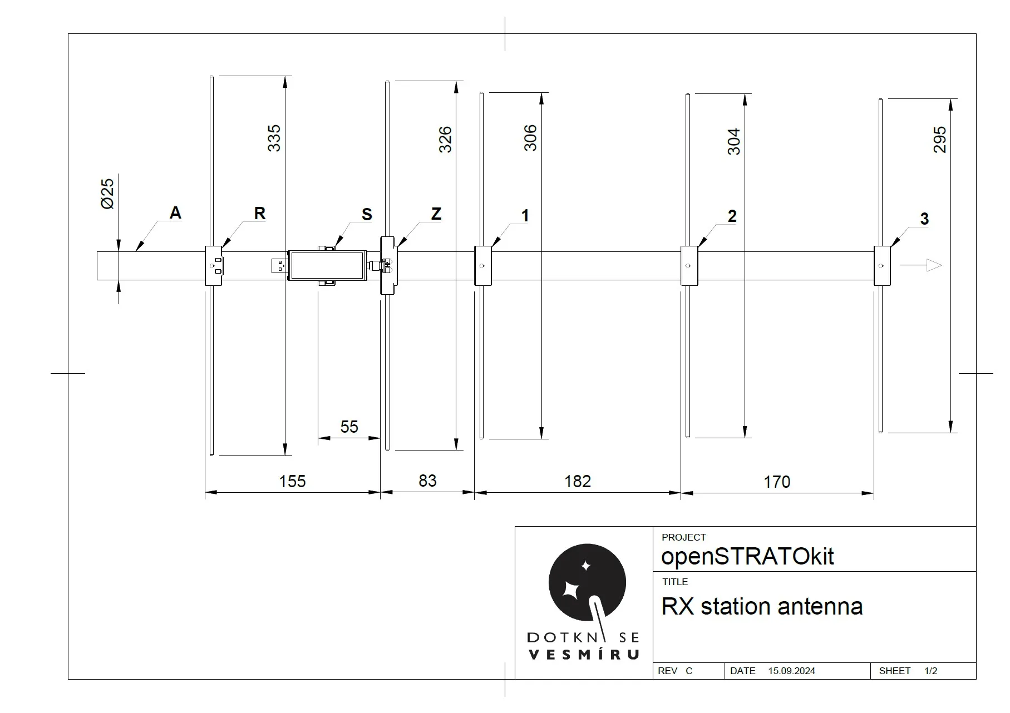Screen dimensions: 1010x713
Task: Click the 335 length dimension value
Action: point(274,138)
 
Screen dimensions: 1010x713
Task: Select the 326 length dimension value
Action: point(445,140)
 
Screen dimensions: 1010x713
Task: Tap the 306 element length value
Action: point(530,137)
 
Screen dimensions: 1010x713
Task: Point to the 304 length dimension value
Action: point(734,141)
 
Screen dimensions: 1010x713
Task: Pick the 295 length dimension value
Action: point(939,140)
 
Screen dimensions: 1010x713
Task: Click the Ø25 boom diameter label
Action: point(107,194)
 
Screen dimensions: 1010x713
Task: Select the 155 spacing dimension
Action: point(292,481)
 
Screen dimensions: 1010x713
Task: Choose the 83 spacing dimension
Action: point(427,481)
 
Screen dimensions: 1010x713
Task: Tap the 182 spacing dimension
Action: point(578,481)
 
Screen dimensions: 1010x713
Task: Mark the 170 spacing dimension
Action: point(777,482)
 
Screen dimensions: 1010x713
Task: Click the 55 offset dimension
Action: point(349,427)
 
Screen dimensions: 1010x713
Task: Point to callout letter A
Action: point(175,212)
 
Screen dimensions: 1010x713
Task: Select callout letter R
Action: point(259,213)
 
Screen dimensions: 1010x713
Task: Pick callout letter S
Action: point(367,214)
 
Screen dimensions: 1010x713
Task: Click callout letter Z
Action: point(436,214)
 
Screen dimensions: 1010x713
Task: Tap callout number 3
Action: point(924,219)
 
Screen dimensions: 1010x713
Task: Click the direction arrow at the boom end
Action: point(921,265)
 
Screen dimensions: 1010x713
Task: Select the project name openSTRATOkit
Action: point(747,556)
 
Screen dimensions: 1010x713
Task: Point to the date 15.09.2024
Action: point(791,671)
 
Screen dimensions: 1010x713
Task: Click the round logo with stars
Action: point(587,582)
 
